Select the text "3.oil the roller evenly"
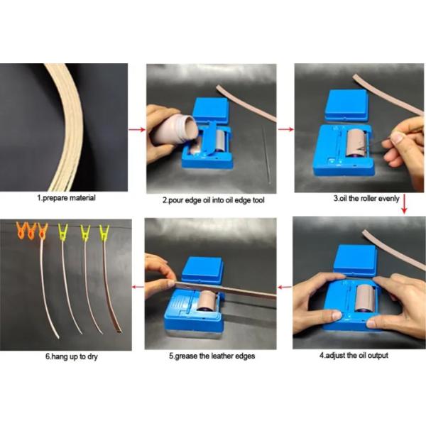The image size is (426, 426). point(361,198)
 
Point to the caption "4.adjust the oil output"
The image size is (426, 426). point(361,354)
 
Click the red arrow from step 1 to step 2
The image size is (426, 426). point(137,130)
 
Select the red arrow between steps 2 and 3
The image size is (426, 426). point(285,130)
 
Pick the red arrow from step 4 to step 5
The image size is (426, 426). point(285,288)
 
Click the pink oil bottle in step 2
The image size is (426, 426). point(174,129)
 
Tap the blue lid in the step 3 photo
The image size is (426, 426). point(349,104)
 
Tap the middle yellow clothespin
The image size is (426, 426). point(85,232)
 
